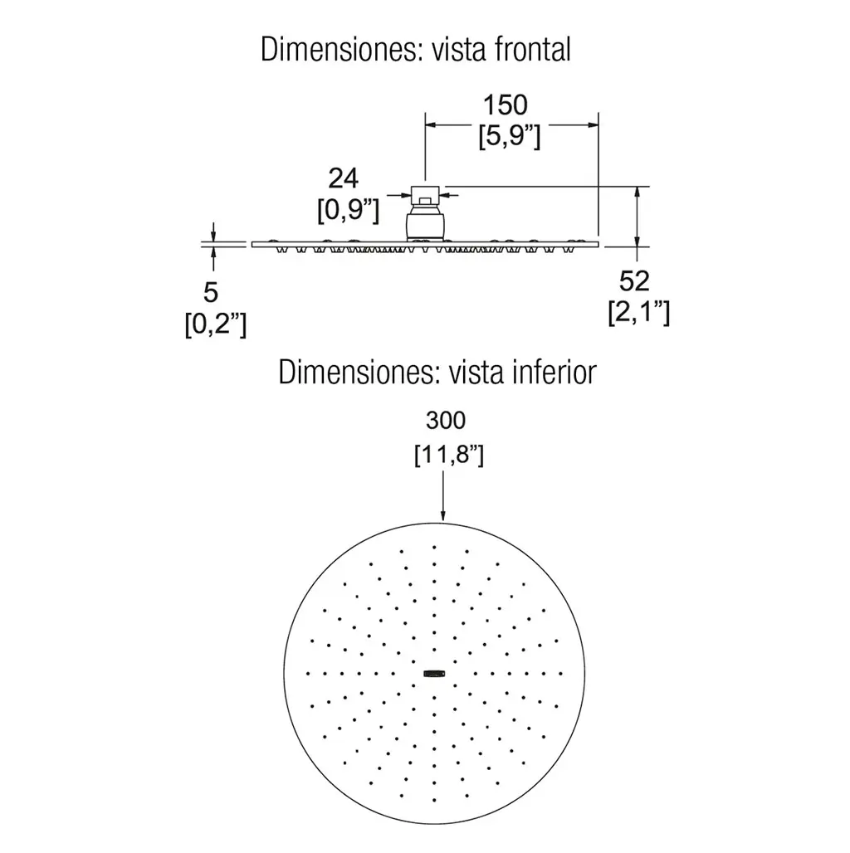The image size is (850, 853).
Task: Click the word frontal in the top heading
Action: [x=533, y=50]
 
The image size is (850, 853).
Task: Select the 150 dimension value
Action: [x=506, y=105]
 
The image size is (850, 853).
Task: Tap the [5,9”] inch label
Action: [x=510, y=136]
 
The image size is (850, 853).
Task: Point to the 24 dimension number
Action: [x=344, y=178]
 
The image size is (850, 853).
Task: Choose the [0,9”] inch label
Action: [x=349, y=210]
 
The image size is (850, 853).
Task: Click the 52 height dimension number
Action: [x=634, y=281]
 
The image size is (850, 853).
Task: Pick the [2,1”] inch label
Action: [x=639, y=312]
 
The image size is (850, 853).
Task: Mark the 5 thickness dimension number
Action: [x=211, y=293]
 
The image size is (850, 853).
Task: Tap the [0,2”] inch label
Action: [x=216, y=324]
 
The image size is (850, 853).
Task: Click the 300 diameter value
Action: [x=446, y=421]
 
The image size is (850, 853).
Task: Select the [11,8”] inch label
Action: [x=449, y=455]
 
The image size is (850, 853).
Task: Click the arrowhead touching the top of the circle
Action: [x=443, y=515]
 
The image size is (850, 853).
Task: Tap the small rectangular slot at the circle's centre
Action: [x=434, y=674]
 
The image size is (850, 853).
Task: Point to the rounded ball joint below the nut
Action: [x=426, y=222]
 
